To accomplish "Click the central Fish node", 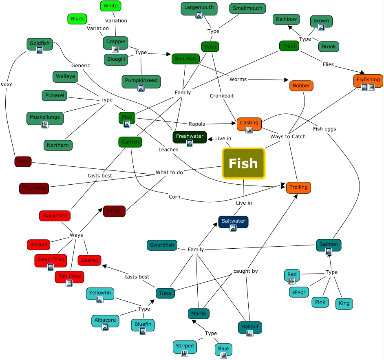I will pos(243,163).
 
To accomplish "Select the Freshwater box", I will pos(190,137).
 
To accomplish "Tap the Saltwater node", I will pos(233,222).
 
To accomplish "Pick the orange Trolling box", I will pos(299,187).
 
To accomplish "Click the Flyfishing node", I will pos(368,80).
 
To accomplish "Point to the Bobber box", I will pos(301,86).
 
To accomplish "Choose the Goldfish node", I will pos(40,44).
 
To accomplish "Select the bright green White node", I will pos(110,6).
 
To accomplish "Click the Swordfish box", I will pos(162,245).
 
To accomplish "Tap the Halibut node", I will pos(250,327).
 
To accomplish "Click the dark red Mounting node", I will pos(34,188).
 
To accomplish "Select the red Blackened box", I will pos(55,216).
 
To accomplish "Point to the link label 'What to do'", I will pos(169,172).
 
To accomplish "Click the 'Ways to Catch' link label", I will pos(288,137).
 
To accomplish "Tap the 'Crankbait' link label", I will pos(222,96).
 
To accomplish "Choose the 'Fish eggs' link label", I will pos(324,129).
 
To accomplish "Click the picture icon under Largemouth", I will pos(199,15).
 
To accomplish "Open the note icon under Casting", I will pos(249,130).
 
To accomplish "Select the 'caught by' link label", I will pos(245,271).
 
